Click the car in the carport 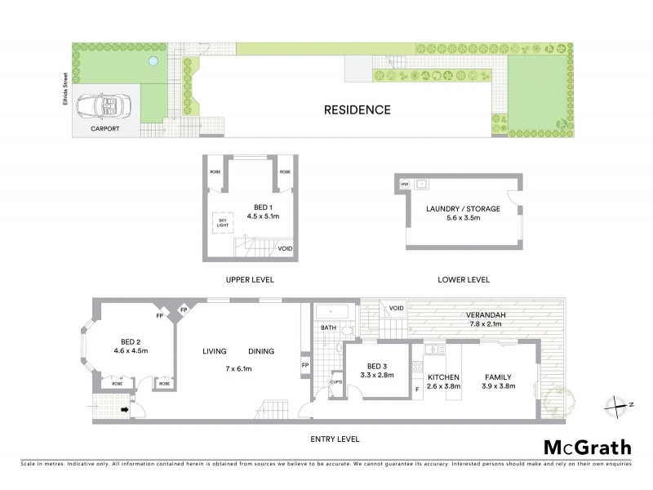point(99,106)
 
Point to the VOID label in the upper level point(285,248)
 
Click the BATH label point(328,327)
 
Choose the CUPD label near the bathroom point(335,381)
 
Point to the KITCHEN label point(444,376)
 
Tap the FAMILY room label point(498,376)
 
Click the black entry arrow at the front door point(125,410)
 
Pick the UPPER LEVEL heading point(249,279)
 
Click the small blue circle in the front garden point(152,61)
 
